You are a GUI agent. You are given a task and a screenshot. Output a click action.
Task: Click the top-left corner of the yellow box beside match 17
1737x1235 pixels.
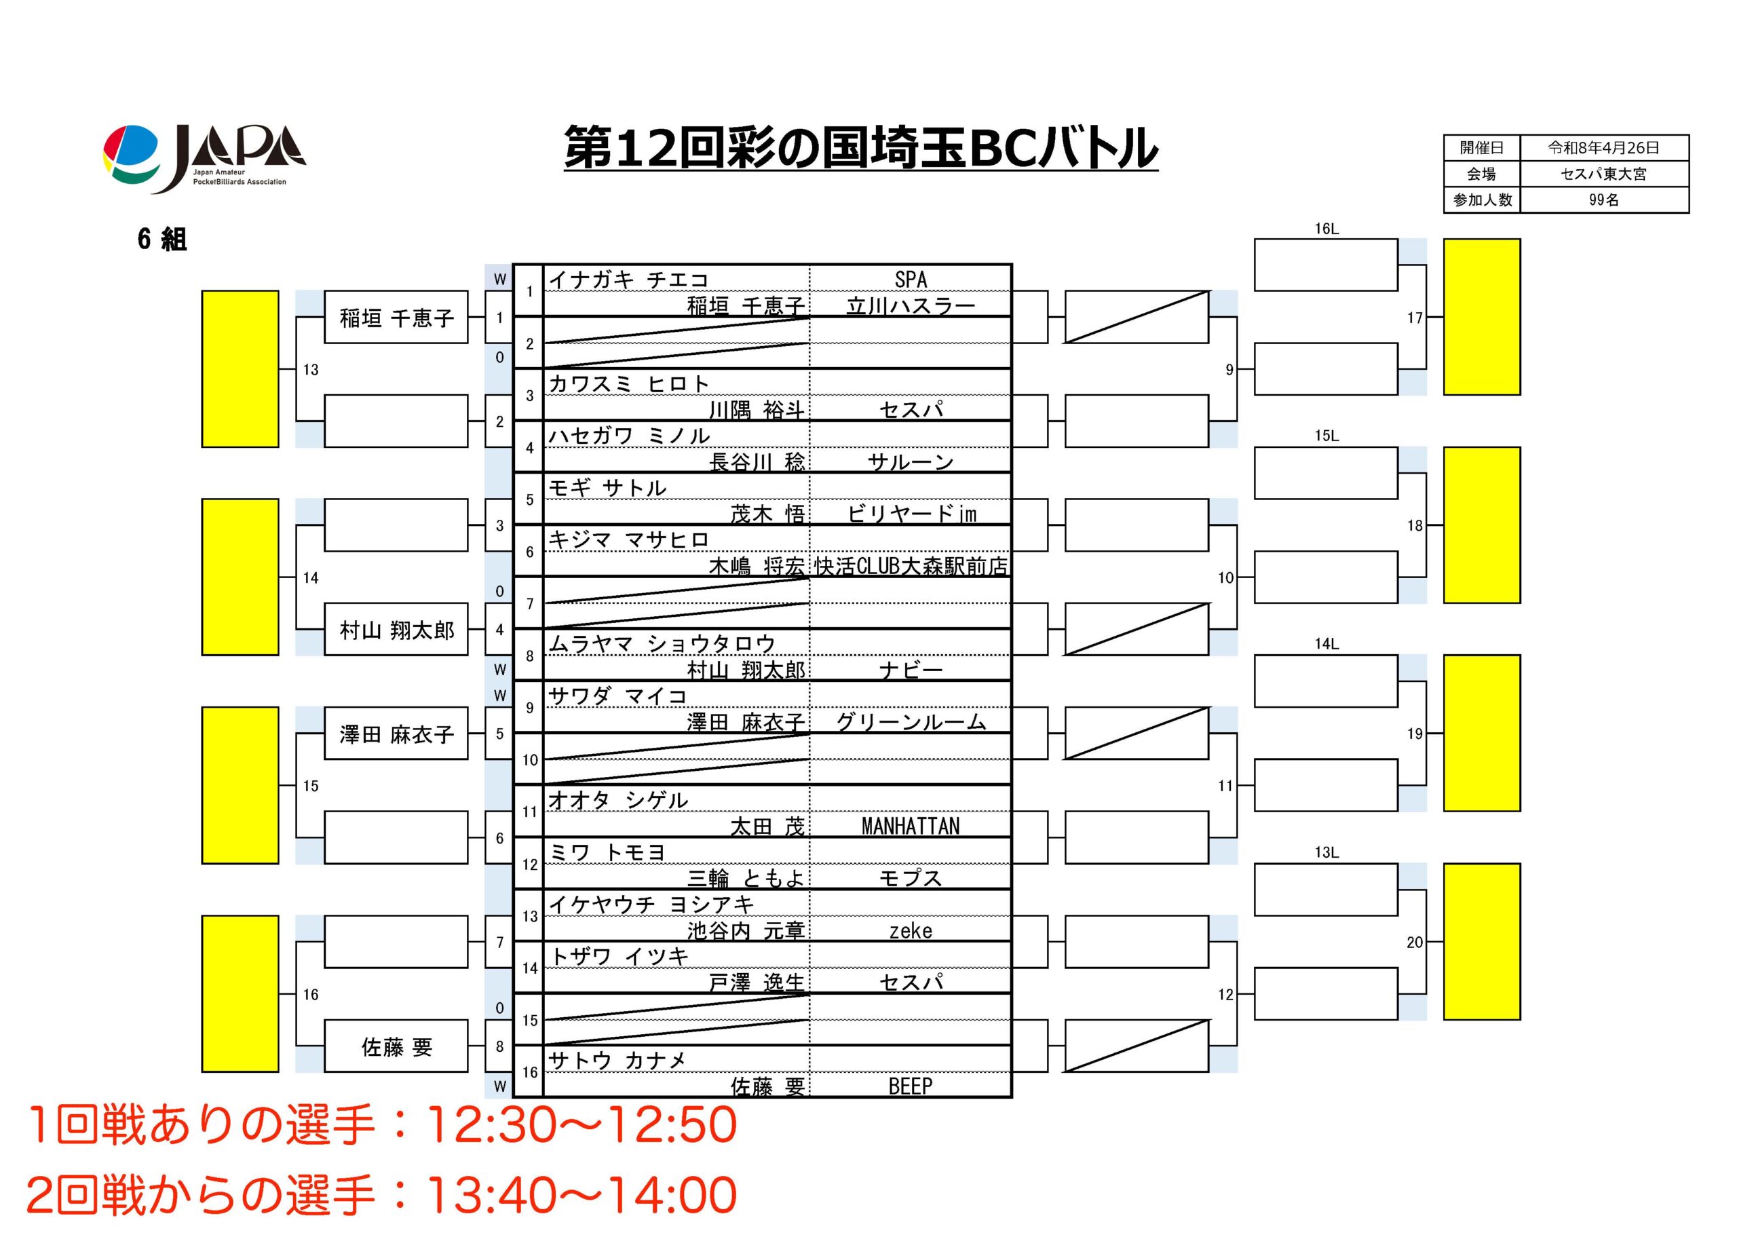point(1444,240)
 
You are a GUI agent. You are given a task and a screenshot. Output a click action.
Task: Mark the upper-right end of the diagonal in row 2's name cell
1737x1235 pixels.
point(809,317)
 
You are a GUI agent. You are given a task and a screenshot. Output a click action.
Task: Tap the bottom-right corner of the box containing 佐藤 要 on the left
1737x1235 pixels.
point(467,1071)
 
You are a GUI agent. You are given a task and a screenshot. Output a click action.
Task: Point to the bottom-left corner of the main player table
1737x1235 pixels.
point(514,1097)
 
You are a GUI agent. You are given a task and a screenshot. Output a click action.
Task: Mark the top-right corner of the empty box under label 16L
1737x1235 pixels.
point(1397,240)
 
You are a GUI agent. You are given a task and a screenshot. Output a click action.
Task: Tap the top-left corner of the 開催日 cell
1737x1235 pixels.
point(1445,135)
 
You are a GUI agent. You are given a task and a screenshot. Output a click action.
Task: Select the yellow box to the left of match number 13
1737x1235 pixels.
point(240,369)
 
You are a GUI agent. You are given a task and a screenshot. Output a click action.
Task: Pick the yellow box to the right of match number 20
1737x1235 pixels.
point(1482,940)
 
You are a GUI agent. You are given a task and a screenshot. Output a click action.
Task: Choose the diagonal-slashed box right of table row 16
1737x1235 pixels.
point(1137,1046)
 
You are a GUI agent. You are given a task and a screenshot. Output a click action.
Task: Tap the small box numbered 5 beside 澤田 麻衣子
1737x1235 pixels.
point(499,734)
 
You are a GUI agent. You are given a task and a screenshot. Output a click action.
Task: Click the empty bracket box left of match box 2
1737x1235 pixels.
point(396,421)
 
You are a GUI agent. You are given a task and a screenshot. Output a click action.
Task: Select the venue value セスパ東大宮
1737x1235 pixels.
point(1604,174)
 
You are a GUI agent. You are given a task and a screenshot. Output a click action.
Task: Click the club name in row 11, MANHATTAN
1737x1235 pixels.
point(910,826)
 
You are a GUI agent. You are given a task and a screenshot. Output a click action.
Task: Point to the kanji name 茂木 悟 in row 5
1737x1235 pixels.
point(767,514)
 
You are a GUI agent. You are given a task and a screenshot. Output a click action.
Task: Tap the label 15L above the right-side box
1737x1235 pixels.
point(1326,436)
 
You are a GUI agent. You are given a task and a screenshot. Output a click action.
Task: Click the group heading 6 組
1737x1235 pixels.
point(162,240)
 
